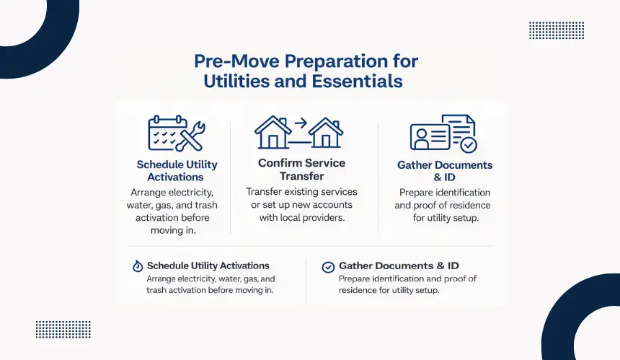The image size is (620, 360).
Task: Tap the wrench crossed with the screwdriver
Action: click(x=190, y=136)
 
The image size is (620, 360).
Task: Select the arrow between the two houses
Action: click(x=301, y=123)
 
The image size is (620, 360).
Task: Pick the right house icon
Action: click(x=325, y=133)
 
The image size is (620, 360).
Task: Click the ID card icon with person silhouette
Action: click(x=430, y=137)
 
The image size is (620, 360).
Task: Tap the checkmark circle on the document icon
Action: click(x=469, y=145)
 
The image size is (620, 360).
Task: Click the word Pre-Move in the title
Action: click(x=236, y=61)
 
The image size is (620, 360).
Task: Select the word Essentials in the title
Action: click(x=357, y=81)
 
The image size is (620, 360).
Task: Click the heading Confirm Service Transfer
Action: click(x=301, y=170)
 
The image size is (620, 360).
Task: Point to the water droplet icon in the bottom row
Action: click(x=138, y=265)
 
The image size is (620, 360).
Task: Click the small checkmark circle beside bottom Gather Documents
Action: click(x=328, y=268)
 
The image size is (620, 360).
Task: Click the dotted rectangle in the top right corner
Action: click(x=557, y=30)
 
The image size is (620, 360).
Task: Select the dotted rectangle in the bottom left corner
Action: click(x=63, y=330)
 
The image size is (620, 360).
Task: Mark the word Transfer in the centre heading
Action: click(x=301, y=176)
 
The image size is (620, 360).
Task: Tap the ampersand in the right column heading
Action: click(x=438, y=177)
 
